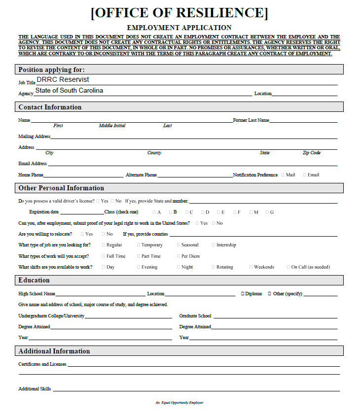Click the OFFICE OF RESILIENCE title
180,13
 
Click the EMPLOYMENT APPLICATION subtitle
180,28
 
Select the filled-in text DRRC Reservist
63,79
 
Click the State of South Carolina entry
69,91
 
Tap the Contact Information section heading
50,107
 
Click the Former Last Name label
251,120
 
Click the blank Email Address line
192,164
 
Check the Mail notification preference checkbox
283,174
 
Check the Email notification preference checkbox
305,174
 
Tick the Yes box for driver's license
98,201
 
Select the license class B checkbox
170,212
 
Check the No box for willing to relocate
103,234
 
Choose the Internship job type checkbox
213,245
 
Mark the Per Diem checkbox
179,256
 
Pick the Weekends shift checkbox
251,267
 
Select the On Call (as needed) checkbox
288,267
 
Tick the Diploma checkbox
243,294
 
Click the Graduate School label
195,316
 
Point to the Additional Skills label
35,389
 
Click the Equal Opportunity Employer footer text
180,403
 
